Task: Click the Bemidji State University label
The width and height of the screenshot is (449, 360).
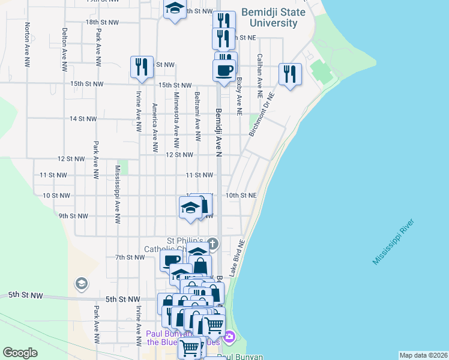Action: tap(273, 18)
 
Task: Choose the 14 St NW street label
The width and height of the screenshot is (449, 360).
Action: tap(83, 119)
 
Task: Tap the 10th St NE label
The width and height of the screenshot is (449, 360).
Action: tap(241, 196)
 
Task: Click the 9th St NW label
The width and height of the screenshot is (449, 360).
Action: tap(74, 216)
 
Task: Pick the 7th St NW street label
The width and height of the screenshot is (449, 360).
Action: tap(130, 257)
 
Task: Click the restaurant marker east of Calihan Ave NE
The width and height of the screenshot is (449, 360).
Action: tap(290, 74)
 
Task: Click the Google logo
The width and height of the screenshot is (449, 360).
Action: tap(20, 353)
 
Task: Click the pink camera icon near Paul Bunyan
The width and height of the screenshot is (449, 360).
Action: tap(229, 338)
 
